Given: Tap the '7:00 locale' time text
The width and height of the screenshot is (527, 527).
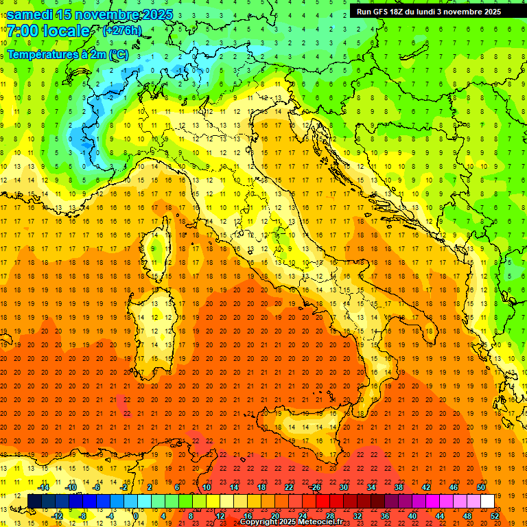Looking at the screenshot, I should (48, 30).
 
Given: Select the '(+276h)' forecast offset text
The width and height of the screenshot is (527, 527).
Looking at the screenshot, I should (121, 30).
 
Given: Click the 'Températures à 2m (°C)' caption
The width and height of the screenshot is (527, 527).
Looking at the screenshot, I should (68, 54).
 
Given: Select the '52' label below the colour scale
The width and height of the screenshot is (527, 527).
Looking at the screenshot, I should (495, 516).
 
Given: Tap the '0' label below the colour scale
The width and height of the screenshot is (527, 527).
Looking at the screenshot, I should (136, 516).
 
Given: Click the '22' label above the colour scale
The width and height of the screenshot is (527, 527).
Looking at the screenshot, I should (289, 487).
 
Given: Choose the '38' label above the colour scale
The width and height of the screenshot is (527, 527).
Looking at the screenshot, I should (399, 487).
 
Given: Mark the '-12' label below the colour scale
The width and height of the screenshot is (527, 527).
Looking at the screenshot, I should (58, 516).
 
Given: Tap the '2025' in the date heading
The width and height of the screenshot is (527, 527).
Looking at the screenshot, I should (156, 14).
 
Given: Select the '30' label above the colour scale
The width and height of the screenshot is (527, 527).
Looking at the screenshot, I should (344, 487).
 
